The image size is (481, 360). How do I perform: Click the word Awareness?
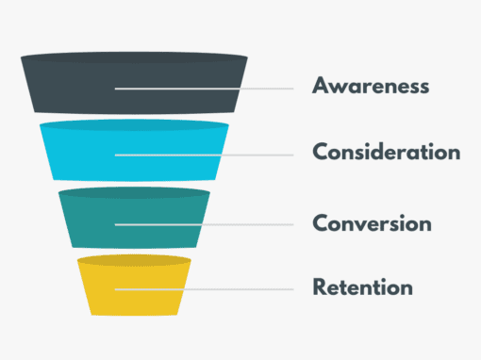371,87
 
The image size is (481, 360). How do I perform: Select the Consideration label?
387,152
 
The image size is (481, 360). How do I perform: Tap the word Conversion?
372,223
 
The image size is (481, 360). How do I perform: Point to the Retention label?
362,286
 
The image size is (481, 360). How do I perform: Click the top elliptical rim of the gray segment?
134,58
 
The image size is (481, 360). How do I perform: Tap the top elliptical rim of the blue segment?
134,124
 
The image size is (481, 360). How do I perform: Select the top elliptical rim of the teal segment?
134,192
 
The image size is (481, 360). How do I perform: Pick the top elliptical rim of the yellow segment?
134,259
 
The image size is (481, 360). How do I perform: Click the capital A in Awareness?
321,87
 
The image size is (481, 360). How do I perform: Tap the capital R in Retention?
319,286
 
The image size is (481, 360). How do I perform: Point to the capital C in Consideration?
320,152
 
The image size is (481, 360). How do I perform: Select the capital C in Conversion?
320,223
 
